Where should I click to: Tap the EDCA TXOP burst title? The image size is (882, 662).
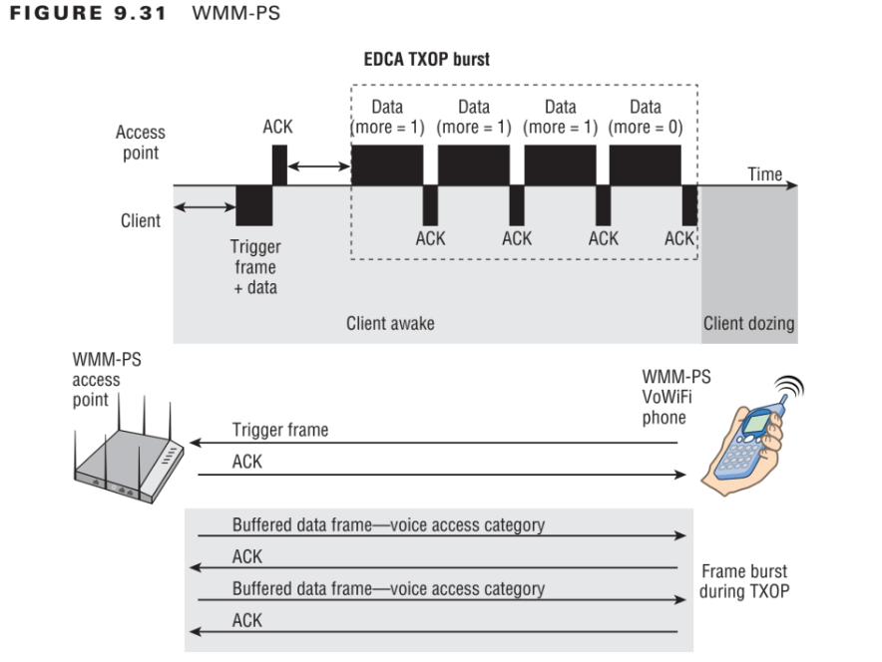pos(426,60)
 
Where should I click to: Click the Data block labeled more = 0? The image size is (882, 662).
pos(646,165)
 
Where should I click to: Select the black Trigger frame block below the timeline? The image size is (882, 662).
pos(254,204)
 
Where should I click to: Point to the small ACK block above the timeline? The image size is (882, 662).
pos(278,165)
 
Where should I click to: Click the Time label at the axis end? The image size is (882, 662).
pos(764,173)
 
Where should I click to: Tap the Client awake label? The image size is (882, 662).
pos(389,323)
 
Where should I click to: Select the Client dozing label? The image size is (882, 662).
pos(748,323)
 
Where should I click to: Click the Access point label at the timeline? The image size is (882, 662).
pos(141,143)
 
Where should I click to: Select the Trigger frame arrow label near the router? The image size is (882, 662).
pos(280,430)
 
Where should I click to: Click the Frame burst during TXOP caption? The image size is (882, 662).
pos(743,581)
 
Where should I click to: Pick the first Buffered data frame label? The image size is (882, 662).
pos(388,524)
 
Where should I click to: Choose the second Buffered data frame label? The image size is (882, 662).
pos(388,588)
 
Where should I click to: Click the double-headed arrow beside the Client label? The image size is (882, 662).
pos(204,207)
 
